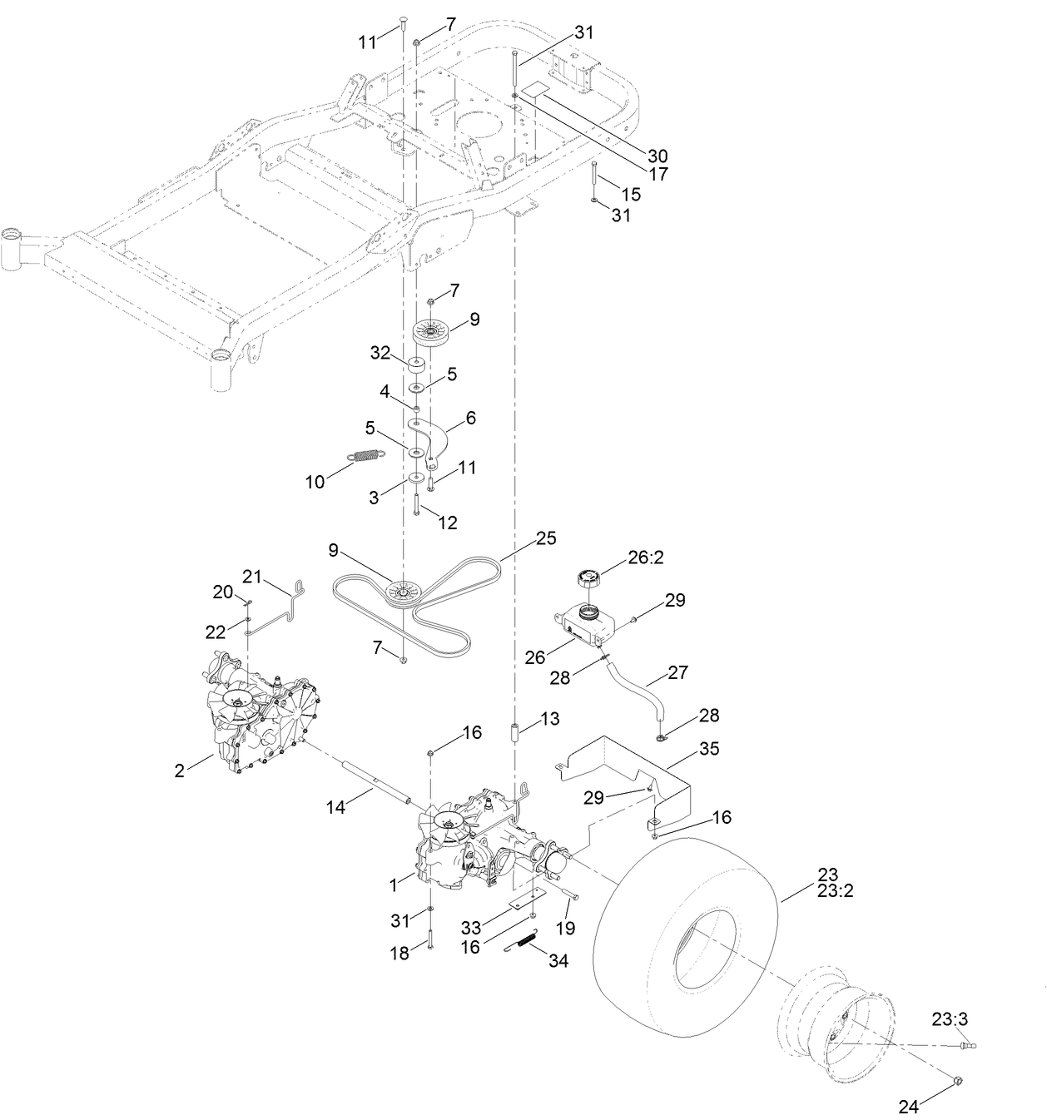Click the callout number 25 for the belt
pos(545,538)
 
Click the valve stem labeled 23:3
pos(969,1044)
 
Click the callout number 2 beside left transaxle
pos(179,771)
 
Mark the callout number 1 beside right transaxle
pos(394,885)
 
